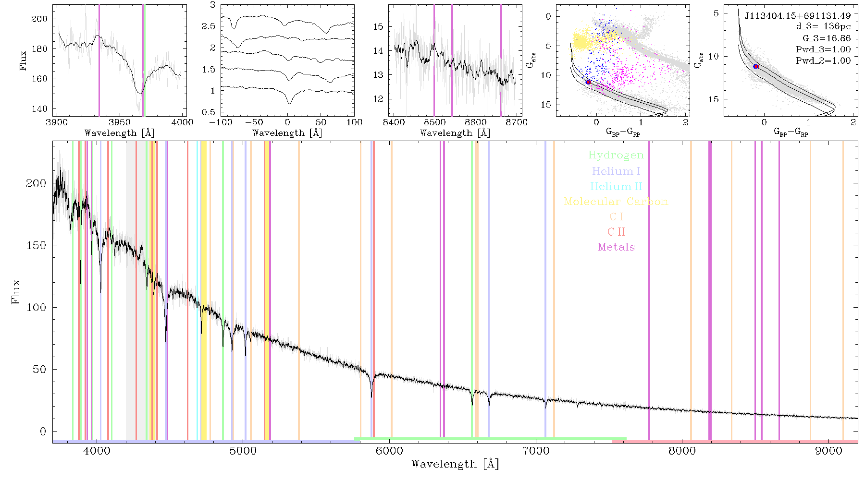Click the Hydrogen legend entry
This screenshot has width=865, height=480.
pos(616,155)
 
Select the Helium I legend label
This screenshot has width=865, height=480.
pos(616,171)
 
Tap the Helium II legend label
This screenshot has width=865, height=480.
pos(616,186)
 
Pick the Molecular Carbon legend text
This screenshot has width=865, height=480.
pos(616,202)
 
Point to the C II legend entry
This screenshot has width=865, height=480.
pos(616,232)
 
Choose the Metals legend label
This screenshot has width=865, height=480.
pos(616,247)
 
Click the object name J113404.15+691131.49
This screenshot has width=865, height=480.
pos(798,15)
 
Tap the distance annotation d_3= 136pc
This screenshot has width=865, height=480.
pos(816,26)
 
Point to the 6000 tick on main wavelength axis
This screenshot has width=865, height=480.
pos(390,451)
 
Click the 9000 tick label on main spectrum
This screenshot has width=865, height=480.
pos(828,451)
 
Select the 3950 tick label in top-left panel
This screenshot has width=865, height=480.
pos(120,122)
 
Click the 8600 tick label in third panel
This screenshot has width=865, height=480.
pos(475,122)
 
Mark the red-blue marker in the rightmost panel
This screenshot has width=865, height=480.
pos(756,66)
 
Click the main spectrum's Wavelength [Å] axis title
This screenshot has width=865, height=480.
pos(455,464)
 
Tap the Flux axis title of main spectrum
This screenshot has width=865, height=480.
pos(16,292)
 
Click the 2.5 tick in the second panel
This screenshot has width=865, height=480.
pos(209,26)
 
